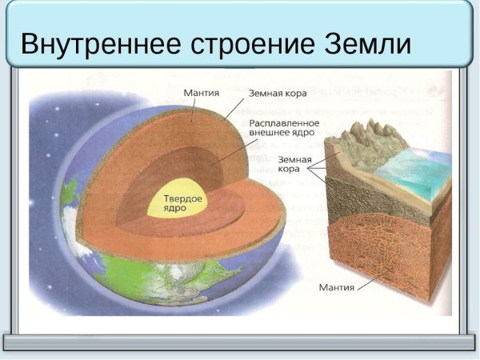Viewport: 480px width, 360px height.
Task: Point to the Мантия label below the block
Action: point(336,286)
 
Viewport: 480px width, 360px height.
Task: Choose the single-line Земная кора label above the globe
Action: point(278,93)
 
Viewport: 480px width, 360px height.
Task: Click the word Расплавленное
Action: point(284,123)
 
